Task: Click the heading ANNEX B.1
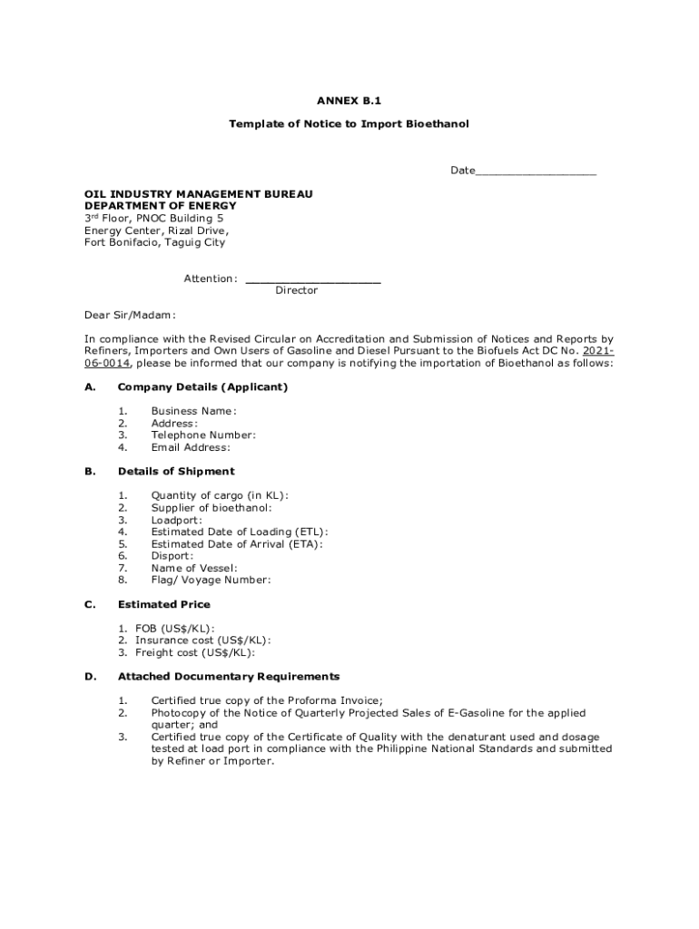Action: click(x=349, y=101)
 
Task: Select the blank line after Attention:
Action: click(x=313, y=280)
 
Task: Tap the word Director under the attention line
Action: click(x=297, y=290)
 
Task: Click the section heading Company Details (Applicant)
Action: click(x=202, y=387)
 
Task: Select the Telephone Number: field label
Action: click(x=203, y=435)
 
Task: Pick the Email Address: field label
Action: click(x=191, y=447)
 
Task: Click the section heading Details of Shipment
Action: click(x=176, y=472)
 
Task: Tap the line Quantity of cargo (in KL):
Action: click(x=220, y=495)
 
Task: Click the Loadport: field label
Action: click(x=177, y=520)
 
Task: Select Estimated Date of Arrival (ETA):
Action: click(x=237, y=544)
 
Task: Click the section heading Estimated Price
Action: click(x=163, y=604)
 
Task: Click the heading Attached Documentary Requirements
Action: click(x=229, y=677)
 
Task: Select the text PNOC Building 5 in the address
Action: click(x=180, y=219)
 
